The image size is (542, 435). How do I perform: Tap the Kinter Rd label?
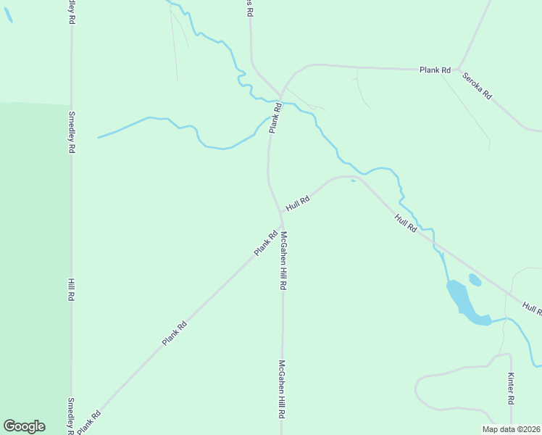511,389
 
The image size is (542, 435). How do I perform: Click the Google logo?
24,426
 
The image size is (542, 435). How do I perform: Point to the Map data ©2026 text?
512,429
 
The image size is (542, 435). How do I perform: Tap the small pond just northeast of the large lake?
475,279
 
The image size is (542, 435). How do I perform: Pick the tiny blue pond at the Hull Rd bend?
353,181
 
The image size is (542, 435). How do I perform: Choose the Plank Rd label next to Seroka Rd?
435,70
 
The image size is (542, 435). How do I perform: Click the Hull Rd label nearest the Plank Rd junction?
298,203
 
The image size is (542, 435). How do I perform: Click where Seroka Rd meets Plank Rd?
458,70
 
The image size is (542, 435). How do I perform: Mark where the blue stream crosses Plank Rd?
280,101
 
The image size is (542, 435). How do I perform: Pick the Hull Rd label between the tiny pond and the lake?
406,223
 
